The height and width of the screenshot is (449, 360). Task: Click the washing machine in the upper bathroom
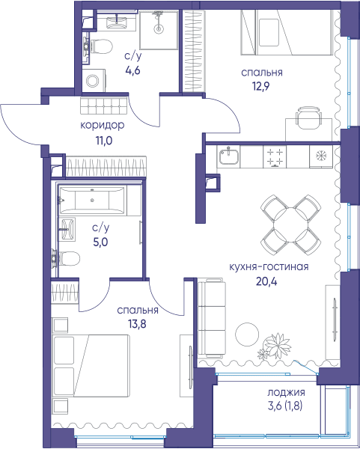pos(94,81)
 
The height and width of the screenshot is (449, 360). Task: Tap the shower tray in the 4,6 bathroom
pos(159,30)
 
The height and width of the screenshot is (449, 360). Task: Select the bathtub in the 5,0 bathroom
pos(92,201)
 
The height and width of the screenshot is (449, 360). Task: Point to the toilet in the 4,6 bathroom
pos(98,46)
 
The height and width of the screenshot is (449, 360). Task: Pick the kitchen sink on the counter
pos(229,156)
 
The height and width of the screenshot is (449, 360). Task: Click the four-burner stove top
pos(275,157)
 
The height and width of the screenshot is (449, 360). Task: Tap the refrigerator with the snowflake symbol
pos(321,156)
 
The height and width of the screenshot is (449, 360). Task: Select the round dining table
pos(290,224)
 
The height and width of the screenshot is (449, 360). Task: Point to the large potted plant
pos(277,345)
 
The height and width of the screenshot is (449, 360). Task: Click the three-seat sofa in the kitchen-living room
pos(212,317)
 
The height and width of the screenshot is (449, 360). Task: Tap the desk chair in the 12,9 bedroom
pos(309,117)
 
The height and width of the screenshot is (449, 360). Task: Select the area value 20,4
pos(266,282)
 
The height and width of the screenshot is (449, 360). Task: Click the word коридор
pos(103,126)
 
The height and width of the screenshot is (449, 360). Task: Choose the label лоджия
pos(286,392)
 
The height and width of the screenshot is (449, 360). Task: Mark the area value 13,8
pos(137,324)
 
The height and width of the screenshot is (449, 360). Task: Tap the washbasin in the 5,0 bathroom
pos(67,229)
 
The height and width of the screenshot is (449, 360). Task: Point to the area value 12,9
pos(261,86)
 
